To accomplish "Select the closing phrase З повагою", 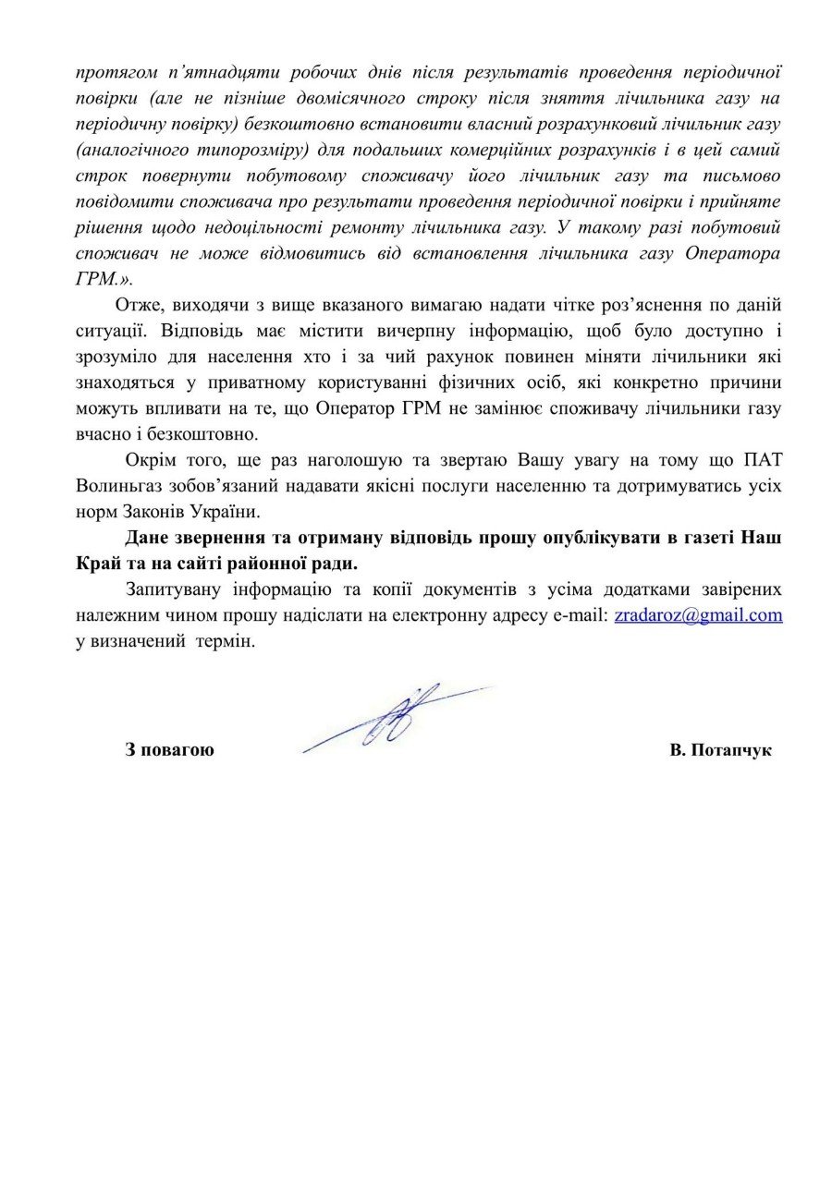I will pos(169,750).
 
